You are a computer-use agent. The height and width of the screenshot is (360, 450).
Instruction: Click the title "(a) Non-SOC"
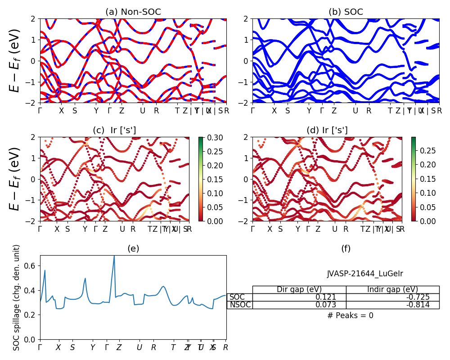coord(133,12)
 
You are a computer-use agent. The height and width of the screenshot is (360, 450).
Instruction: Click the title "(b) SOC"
coord(346,12)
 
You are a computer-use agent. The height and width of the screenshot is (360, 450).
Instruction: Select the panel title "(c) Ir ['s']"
coord(114,130)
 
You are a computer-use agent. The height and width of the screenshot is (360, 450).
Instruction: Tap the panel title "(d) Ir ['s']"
coord(327,130)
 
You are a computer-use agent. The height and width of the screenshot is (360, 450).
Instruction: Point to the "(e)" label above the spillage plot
coord(133,248)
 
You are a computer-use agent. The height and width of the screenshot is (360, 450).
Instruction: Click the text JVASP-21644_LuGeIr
coord(364,273)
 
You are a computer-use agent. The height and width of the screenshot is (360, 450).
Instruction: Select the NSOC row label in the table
coord(240,305)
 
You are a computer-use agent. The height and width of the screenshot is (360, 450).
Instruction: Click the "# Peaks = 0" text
coord(350,315)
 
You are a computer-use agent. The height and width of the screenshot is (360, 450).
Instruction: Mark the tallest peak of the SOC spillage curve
coord(114,256)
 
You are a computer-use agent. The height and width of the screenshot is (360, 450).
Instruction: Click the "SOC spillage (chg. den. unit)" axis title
coord(17,297)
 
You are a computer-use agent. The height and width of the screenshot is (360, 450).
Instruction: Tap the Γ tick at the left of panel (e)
coord(40,347)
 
